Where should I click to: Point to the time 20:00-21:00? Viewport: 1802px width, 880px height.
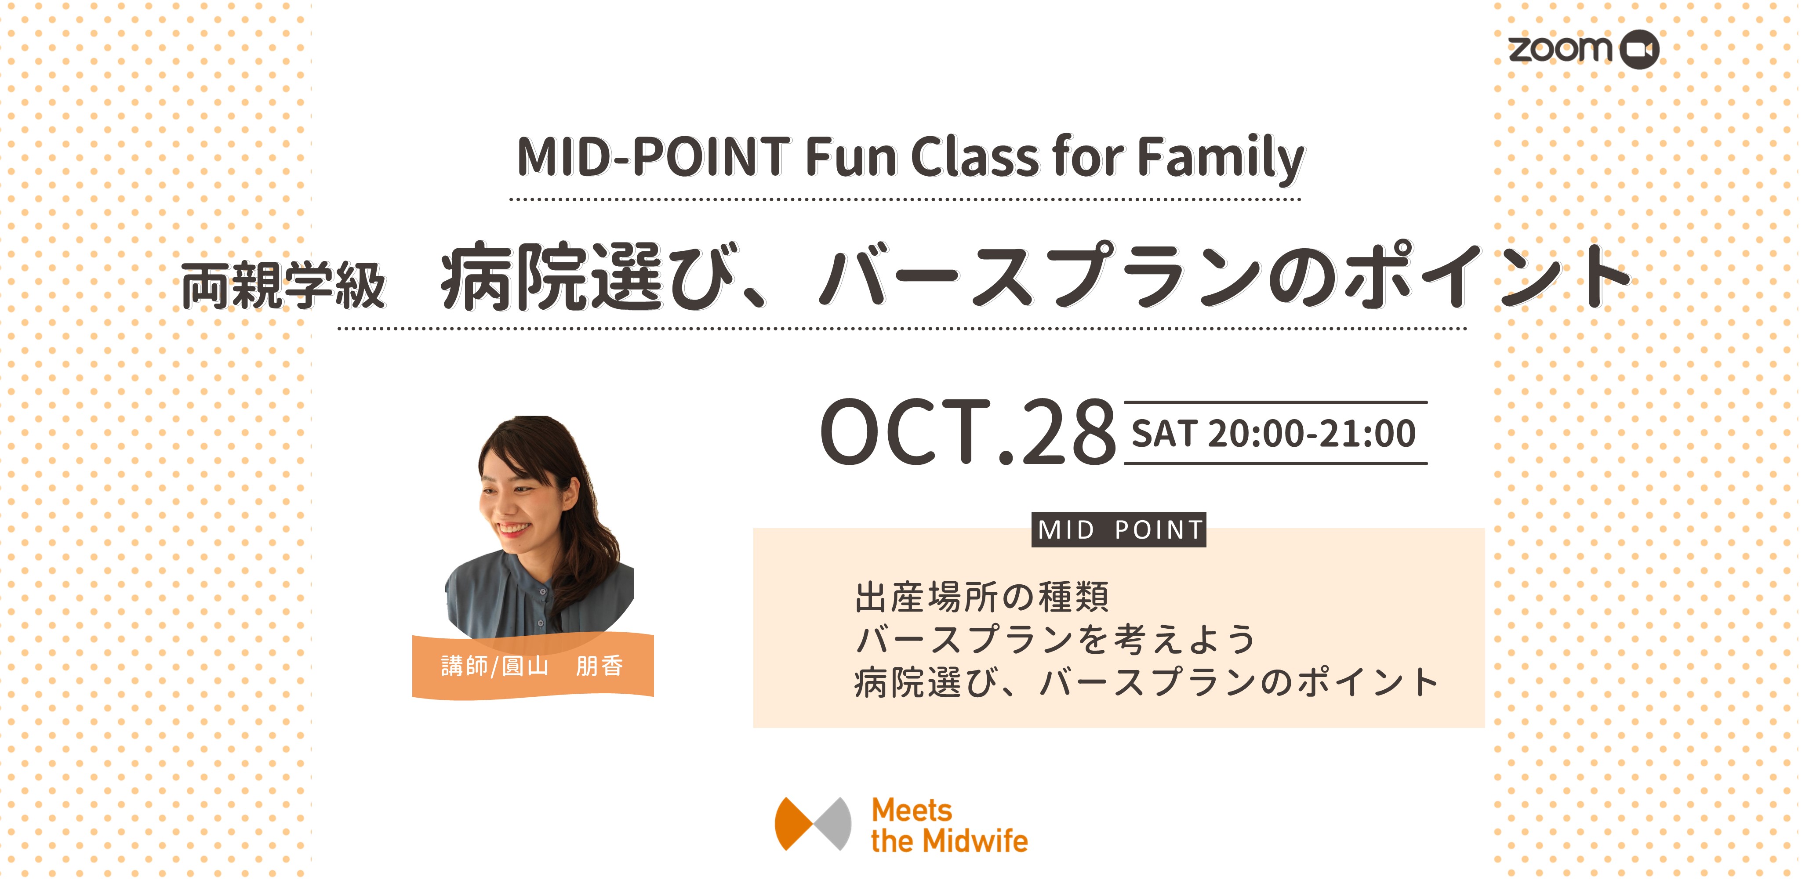[1312, 434]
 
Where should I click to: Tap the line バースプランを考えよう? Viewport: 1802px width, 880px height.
[1055, 639]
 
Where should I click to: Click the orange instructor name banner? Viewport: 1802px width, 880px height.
[533, 666]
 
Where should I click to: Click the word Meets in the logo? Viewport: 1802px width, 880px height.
[912, 810]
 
